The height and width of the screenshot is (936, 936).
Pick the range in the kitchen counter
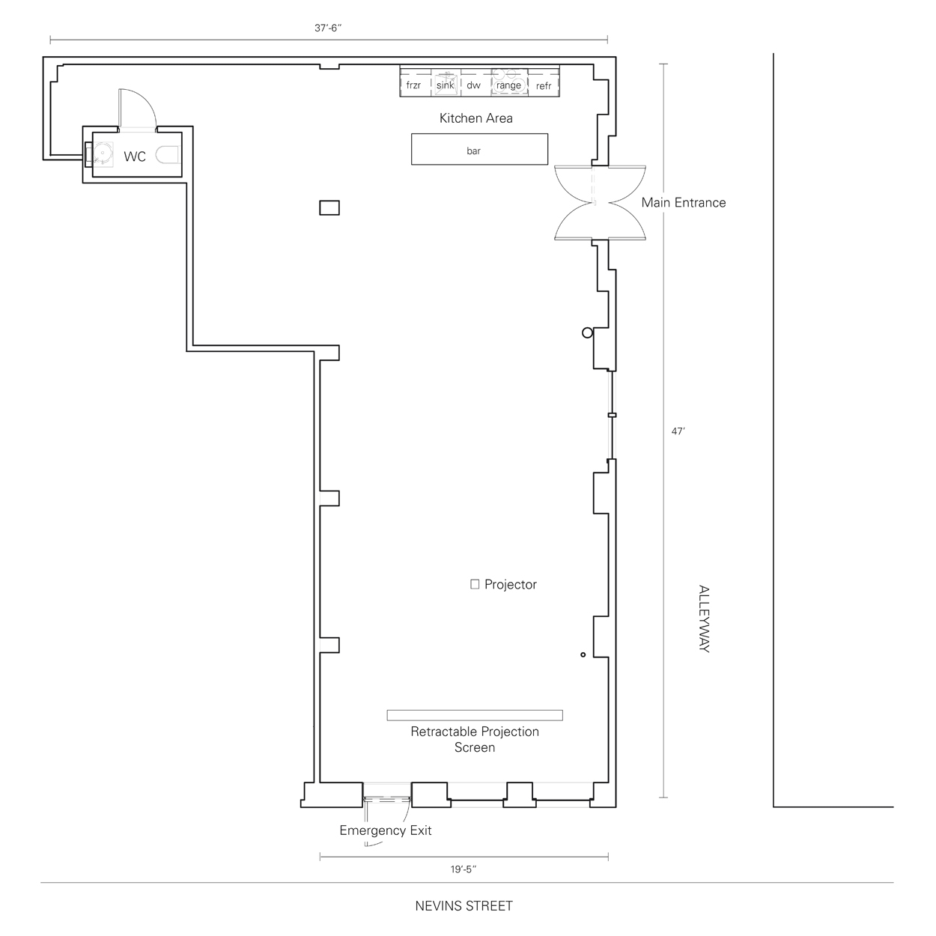click(x=509, y=82)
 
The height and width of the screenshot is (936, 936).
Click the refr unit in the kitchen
click(x=544, y=82)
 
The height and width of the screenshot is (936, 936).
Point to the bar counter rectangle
click(x=479, y=149)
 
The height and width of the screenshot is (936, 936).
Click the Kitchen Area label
click(x=475, y=118)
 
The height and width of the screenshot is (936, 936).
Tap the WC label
click(x=135, y=156)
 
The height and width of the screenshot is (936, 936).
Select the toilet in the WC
click(x=168, y=155)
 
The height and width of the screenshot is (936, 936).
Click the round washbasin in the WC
click(x=103, y=153)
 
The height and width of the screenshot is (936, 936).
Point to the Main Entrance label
click(x=684, y=202)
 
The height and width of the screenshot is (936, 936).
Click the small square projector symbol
click(x=475, y=584)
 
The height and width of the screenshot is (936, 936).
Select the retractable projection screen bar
click(x=475, y=715)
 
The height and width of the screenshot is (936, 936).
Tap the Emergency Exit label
click(x=385, y=830)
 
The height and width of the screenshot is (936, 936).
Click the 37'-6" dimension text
click(x=328, y=28)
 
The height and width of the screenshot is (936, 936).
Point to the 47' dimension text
click(x=678, y=431)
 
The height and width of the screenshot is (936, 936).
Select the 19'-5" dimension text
click(x=464, y=869)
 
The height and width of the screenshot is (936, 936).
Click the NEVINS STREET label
click(x=464, y=905)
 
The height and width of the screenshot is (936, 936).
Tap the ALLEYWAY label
click(x=704, y=619)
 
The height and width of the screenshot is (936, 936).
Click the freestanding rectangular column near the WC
click(x=329, y=208)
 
